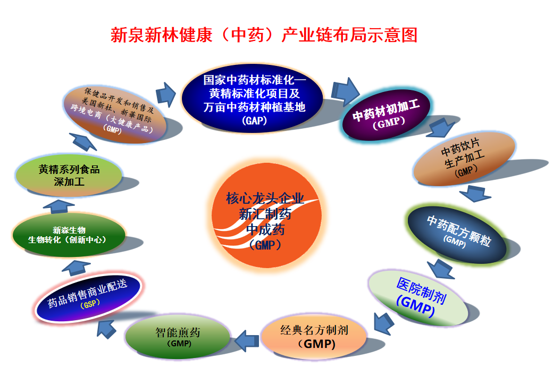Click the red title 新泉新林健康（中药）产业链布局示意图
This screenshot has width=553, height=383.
coord(264,35)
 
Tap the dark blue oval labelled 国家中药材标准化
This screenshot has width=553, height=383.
coord(253,99)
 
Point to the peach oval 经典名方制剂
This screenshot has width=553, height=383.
coord(314,337)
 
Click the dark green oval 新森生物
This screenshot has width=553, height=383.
coord(69,235)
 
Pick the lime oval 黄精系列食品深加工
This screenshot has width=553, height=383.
coord(69,176)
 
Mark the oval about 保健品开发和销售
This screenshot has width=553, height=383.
coord(115,114)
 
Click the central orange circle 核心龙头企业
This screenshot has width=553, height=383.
coord(266,215)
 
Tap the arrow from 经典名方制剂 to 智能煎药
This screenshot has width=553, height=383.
coord(246,341)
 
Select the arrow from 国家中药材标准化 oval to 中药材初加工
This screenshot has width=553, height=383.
coord(345,91)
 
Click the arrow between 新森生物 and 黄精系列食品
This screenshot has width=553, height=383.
coord(58,206)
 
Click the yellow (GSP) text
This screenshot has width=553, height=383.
coord(90,303)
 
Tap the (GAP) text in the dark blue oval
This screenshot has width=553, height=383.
coord(254,121)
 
